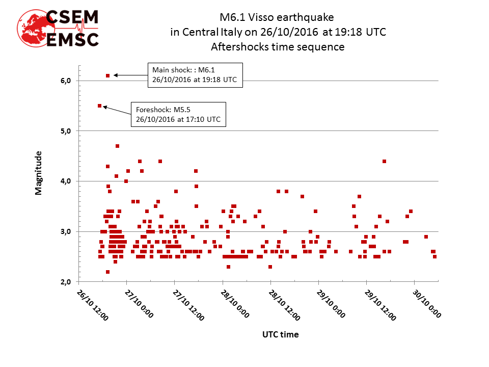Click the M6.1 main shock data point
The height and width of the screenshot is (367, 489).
(x=107, y=75)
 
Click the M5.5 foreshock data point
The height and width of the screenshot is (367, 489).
(x=99, y=106)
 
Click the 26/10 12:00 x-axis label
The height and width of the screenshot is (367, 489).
(x=93, y=304)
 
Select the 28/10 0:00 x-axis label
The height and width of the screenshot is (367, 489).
(x=236, y=304)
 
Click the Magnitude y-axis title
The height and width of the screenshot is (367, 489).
(x=39, y=172)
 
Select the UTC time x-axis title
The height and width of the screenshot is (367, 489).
(x=280, y=335)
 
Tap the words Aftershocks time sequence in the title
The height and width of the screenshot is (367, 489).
(x=278, y=47)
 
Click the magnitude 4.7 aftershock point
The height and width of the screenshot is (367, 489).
(x=117, y=146)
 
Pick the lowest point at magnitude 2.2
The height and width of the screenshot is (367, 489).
(x=107, y=272)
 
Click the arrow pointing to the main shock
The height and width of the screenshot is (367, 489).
(x=130, y=75)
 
